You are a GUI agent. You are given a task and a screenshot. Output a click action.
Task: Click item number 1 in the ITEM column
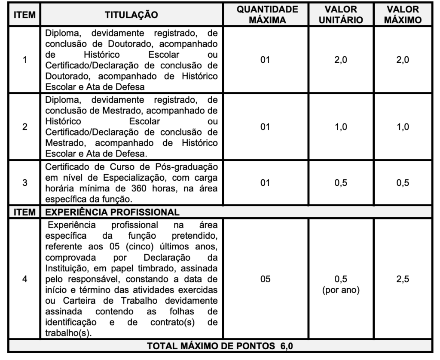click(x=25, y=61)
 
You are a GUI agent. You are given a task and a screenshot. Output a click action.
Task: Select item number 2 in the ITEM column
click(x=25, y=127)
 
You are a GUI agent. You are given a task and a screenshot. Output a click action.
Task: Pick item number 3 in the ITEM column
click(x=25, y=182)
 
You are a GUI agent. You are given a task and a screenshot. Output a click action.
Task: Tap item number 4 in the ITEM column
click(x=25, y=279)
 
